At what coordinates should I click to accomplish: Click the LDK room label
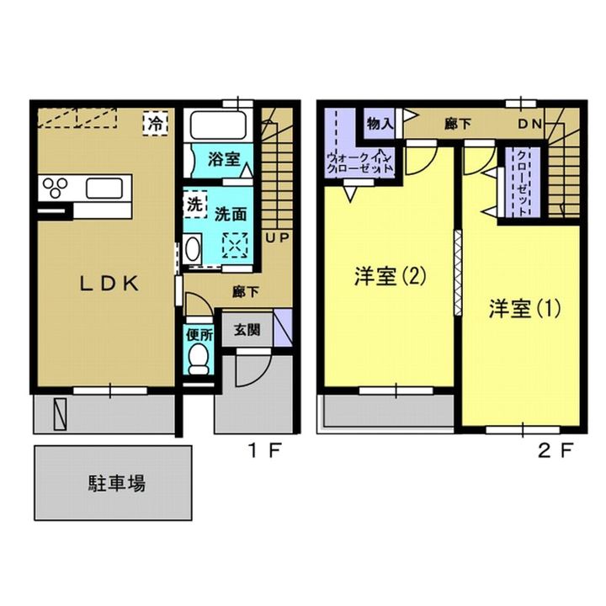click(109, 284)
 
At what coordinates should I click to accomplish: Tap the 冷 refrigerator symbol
click(156, 123)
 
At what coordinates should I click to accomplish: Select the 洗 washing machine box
click(194, 205)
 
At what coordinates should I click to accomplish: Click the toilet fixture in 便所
click(199, 359)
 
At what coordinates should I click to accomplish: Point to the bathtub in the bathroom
click(219, 125)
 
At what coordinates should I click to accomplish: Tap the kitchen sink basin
click(104, 189)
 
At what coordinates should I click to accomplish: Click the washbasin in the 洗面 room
click(193, 249)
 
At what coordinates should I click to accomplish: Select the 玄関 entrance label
click(247, 330)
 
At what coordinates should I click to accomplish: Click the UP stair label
click(277, 237)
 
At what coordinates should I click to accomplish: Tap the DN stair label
click(530, 124)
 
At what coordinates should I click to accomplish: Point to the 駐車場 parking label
click(117, 483)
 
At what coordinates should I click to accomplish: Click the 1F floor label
click(265, 450)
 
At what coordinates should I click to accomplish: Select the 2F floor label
click(555, 450)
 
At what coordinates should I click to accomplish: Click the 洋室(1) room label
click(524, 309)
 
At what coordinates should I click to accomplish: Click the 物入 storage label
click(380, 124)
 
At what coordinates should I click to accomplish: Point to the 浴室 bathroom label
click(224, 159)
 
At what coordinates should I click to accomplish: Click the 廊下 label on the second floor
click(458, 124)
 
